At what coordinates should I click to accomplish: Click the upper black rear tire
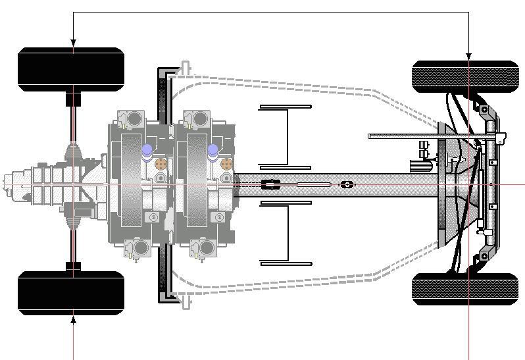tap(70, 69)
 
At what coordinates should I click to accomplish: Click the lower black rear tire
tap(70, 291)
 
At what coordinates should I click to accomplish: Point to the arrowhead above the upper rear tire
tap(73, 43)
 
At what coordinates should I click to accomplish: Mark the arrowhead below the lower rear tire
tap(73, 321)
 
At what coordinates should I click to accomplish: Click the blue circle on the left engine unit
tap(147, 151)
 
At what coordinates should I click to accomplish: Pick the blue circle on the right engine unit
tap(213, 151)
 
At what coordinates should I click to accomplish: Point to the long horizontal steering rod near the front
tap(428, 137)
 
